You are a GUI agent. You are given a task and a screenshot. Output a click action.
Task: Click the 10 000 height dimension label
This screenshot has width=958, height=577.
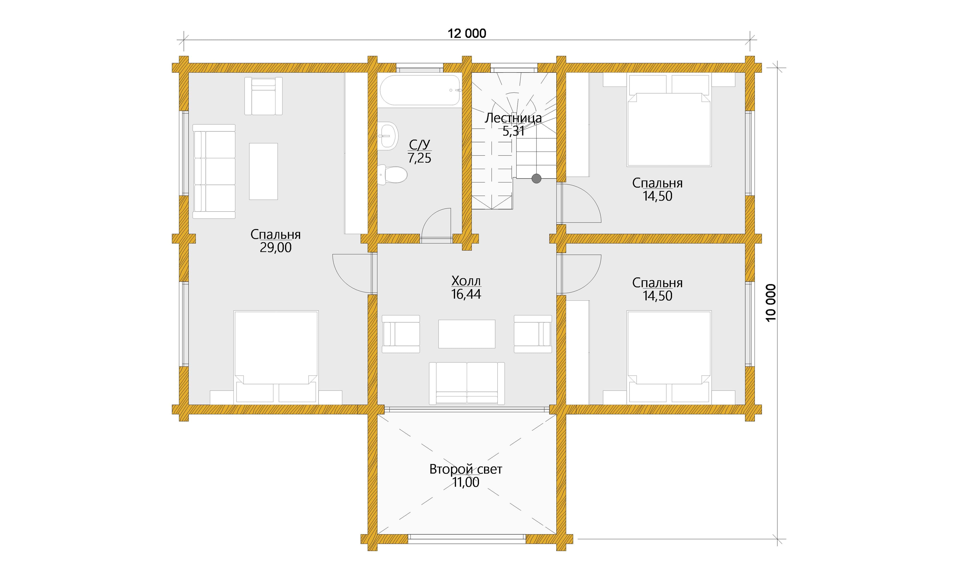click(x=771, y=303)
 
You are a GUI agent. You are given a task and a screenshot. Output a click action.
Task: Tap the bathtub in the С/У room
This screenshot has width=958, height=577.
click(x=420, y=90)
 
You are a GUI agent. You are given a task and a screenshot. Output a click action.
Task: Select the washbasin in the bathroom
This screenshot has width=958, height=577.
click(x=388, y=136)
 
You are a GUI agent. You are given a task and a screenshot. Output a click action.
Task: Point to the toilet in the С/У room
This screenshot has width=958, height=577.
click(x=392, y=175)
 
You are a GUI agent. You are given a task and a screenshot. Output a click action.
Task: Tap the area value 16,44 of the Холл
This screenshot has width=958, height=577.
click(x=466, y=294)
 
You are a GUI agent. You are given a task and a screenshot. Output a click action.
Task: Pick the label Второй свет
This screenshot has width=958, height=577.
click(x=466, y=469)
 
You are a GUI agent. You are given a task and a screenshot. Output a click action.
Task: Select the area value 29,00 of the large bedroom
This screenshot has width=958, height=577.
click(x=276, y=247)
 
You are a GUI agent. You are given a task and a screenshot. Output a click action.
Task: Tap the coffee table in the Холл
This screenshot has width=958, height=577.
click(x=467, y=334)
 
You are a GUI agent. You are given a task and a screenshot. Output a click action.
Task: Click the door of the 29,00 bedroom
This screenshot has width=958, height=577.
click(x=353, y=273)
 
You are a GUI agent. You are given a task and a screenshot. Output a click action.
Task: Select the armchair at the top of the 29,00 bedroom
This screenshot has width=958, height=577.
click(x=263, y=96)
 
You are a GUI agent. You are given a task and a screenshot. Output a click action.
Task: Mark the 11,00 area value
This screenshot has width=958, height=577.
click(x=466, y=482)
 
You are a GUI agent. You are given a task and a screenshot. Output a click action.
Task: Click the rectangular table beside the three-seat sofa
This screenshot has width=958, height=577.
click(x=263, y=171)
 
